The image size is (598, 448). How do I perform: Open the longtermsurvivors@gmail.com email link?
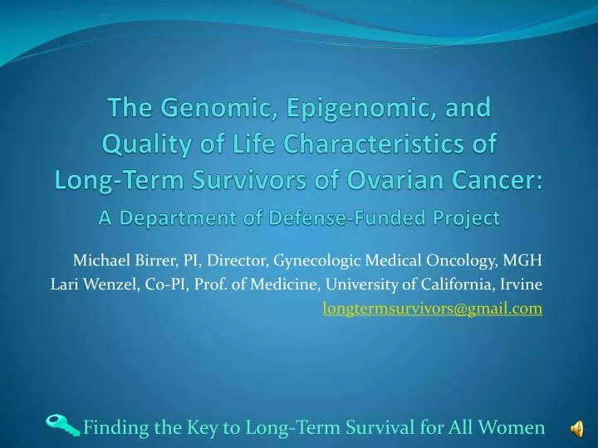click(x=432, y=309)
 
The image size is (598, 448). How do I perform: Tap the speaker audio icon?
click(x=576, y=427)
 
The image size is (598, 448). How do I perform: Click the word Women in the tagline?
click(x=514, y=427)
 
